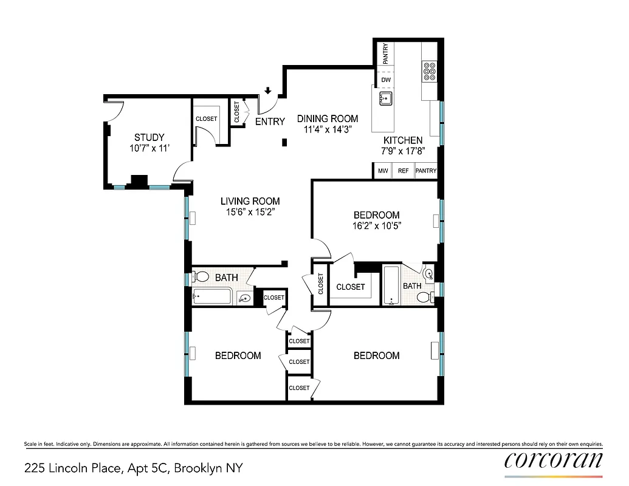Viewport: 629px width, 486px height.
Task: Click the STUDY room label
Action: [x=149, y=137]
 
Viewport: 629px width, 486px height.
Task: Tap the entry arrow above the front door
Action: [x=268, y=92]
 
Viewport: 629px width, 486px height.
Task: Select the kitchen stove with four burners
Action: [x=429, y=71]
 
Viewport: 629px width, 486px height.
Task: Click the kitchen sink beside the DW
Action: [x=385, y=98]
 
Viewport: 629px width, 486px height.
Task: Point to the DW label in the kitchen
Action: [x=385, y=80]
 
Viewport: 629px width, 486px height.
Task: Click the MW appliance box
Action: [x=383, y=171]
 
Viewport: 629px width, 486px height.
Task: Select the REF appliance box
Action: [x=403, y=171]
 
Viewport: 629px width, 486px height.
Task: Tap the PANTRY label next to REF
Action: [x=425, y=171]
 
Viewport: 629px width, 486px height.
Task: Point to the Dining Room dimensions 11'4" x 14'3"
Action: [x=328, y=129]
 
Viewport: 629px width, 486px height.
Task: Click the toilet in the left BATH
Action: [x=200, y=277]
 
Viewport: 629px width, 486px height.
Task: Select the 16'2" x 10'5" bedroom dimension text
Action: [x=376, y=226]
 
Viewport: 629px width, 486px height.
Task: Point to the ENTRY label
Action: [x=270, y=122]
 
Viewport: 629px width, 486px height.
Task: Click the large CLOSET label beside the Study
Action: [x=206, y=118]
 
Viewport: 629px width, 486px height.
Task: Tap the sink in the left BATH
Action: [x=244, y=298]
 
